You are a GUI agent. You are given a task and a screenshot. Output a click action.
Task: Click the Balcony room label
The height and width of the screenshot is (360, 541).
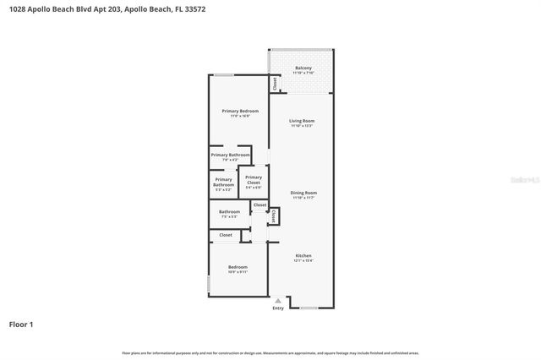(303, 68)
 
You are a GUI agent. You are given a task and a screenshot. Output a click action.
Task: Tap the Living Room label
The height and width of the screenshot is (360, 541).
(303, 121)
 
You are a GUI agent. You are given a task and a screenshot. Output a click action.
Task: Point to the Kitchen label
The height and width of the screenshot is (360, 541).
(303, 255)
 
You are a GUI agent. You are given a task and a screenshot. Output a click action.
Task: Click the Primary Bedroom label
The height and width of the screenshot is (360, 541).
(240, 112)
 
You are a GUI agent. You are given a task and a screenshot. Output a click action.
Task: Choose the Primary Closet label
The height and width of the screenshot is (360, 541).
(254, 179)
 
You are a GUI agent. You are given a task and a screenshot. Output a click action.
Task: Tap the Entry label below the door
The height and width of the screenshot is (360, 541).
(278, 308)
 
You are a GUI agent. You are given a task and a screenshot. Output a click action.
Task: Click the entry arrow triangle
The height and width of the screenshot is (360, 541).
(278, 300)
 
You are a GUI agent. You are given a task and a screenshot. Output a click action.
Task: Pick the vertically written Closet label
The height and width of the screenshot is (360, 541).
(274, 215)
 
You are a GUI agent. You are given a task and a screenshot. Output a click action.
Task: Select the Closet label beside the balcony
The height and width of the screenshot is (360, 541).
(274, 83)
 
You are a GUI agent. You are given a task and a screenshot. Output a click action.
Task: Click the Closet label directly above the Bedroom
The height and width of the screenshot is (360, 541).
(226, 235)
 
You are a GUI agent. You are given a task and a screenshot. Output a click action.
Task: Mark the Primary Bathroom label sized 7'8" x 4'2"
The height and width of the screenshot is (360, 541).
(230, 155)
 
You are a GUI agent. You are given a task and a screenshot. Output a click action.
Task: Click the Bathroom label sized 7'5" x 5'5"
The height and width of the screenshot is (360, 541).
(229, 211)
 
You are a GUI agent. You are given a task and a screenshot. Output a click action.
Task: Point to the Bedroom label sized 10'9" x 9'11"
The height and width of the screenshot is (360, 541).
(238, 267)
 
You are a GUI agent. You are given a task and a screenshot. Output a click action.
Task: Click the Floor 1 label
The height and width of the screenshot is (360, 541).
(21, 325)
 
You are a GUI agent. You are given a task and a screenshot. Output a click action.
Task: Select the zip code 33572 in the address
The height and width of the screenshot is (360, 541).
(194, 9)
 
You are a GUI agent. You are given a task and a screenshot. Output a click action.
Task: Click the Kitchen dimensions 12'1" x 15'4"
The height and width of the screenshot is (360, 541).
(303, 261)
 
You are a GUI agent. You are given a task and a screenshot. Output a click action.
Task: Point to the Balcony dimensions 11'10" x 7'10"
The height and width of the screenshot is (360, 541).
(303, 74)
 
